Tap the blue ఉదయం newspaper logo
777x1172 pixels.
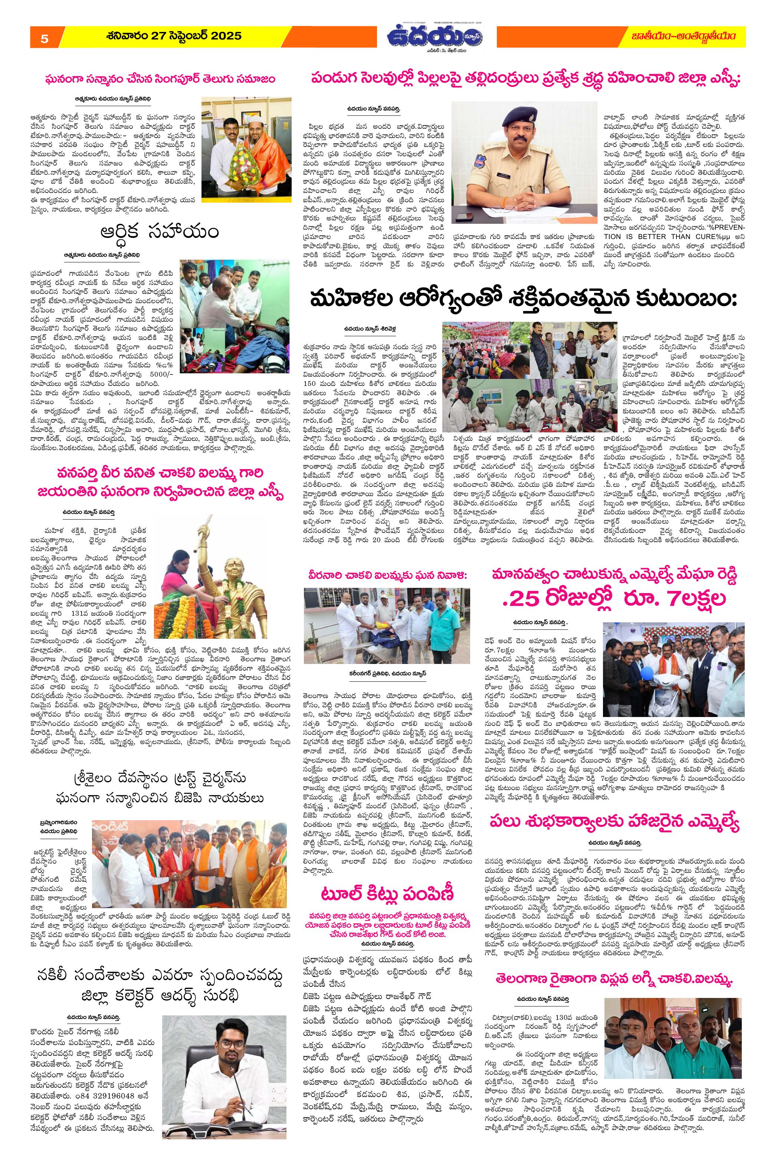(x=436, y=37)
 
